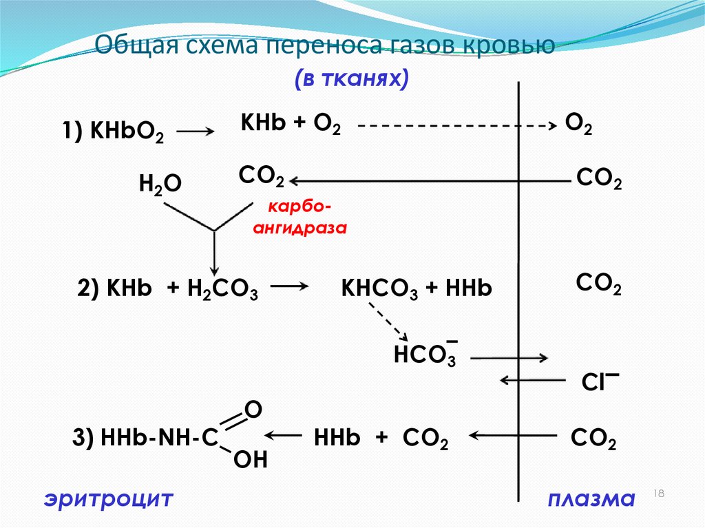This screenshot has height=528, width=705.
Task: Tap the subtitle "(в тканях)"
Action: (x=352, y=78)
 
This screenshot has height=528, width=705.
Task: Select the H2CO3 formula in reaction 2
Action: (x=223, y=290)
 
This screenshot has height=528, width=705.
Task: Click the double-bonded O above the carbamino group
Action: (x=252, y=410)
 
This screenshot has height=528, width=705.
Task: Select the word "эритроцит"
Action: (x=108, y=498)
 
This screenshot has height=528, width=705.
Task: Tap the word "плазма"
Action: (x=590, y=498)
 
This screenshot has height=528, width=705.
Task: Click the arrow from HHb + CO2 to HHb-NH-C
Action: (x=284, y=435)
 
